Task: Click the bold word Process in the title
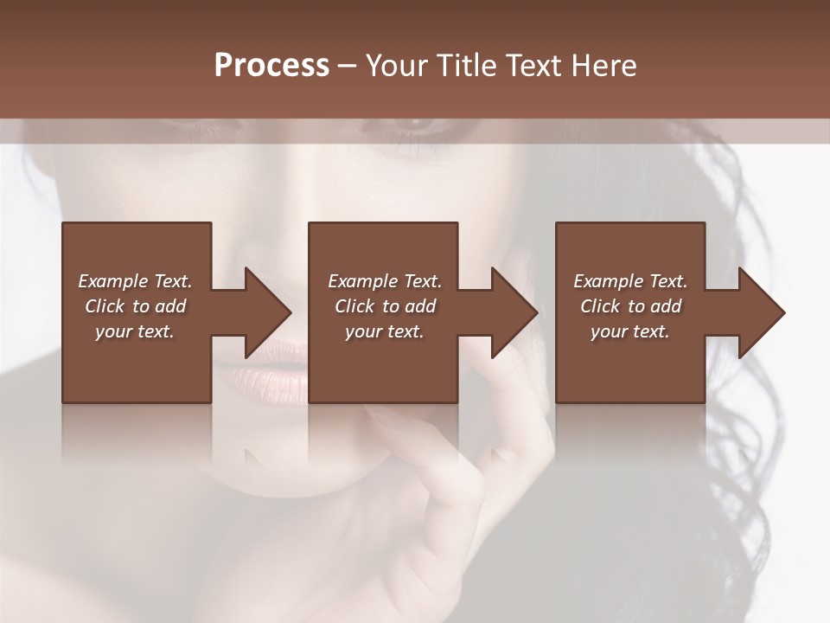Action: click(271, 66)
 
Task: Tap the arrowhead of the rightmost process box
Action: click(760, 312)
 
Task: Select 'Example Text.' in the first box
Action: click(135, 281)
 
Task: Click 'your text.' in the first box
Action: click(135, 331)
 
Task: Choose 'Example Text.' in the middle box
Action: click(385, 281)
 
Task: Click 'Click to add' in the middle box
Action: click(385, 306)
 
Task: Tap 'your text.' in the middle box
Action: click(385, 331)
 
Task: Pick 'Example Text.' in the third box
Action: click(630, 281)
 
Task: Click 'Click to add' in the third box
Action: click(630, 306)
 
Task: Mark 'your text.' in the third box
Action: click(630, 331)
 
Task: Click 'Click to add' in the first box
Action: click(135, 306)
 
